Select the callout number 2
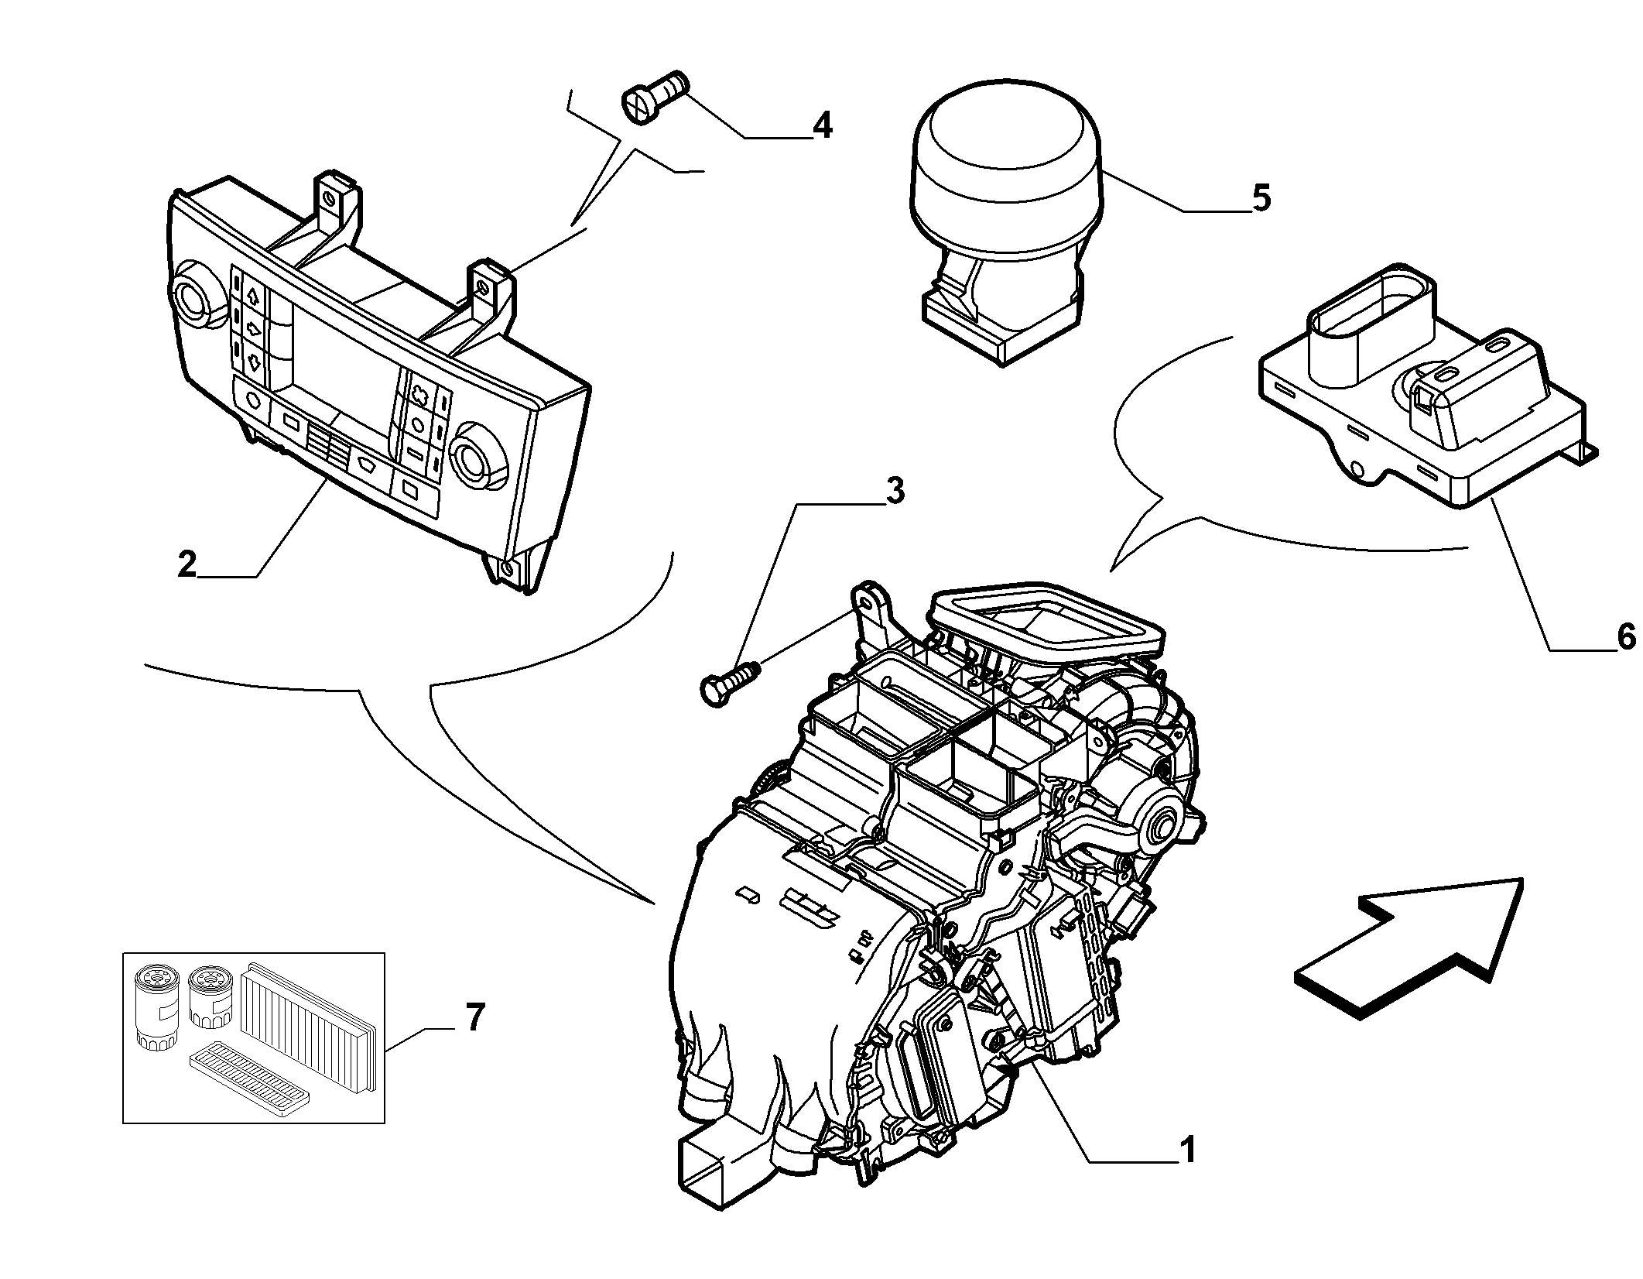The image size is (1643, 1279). [x=187, y=564]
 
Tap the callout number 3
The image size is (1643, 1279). [x=894, y=491]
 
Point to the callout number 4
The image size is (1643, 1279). [x=822, y=125]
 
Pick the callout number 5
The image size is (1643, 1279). [x=1261, y=198]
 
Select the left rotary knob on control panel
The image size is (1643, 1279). [x=190, y=297]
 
